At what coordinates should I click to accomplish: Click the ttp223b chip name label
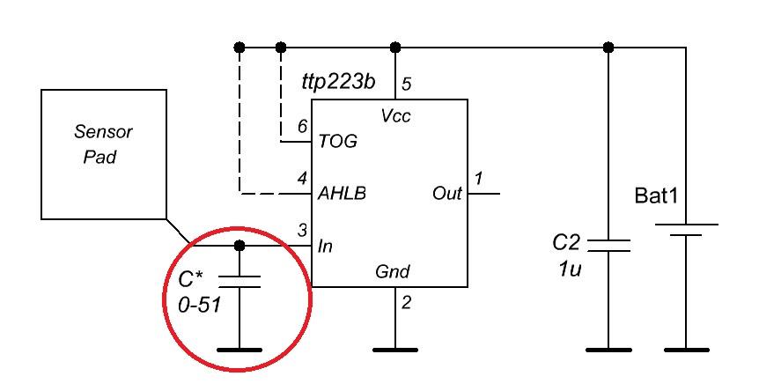click(338, 82)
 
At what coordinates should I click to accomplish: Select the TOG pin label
click(338, 141)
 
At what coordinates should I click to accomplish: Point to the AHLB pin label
click(342, 194)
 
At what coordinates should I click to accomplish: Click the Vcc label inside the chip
click(395, 115)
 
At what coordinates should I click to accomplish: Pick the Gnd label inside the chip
click(393, 271)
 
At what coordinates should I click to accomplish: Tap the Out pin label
click(447, 194)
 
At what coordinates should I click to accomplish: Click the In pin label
click(325, 247)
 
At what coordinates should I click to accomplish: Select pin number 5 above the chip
click(407, 84)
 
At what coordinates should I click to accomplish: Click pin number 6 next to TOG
click(303, 127)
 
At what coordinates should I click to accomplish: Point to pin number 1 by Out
click(478, 179)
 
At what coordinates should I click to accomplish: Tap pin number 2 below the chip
click(407, 303)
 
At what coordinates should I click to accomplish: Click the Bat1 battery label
click(656, 196)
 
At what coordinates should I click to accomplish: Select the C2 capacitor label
click(566, 242)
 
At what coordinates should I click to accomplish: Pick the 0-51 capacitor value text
click(199, 305)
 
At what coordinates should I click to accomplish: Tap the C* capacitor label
click(191, 280)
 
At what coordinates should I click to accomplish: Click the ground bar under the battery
click(687, 350)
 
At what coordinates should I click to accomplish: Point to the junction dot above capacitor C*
click(239, 246)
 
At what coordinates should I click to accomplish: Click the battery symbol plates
click(687, 230)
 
